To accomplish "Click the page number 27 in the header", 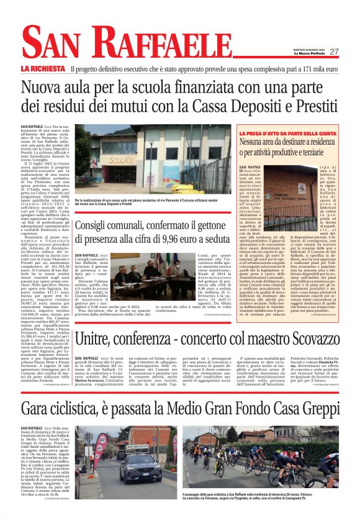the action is click(x=334, y=52).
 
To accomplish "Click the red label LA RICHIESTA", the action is click(x=43, y=69).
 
